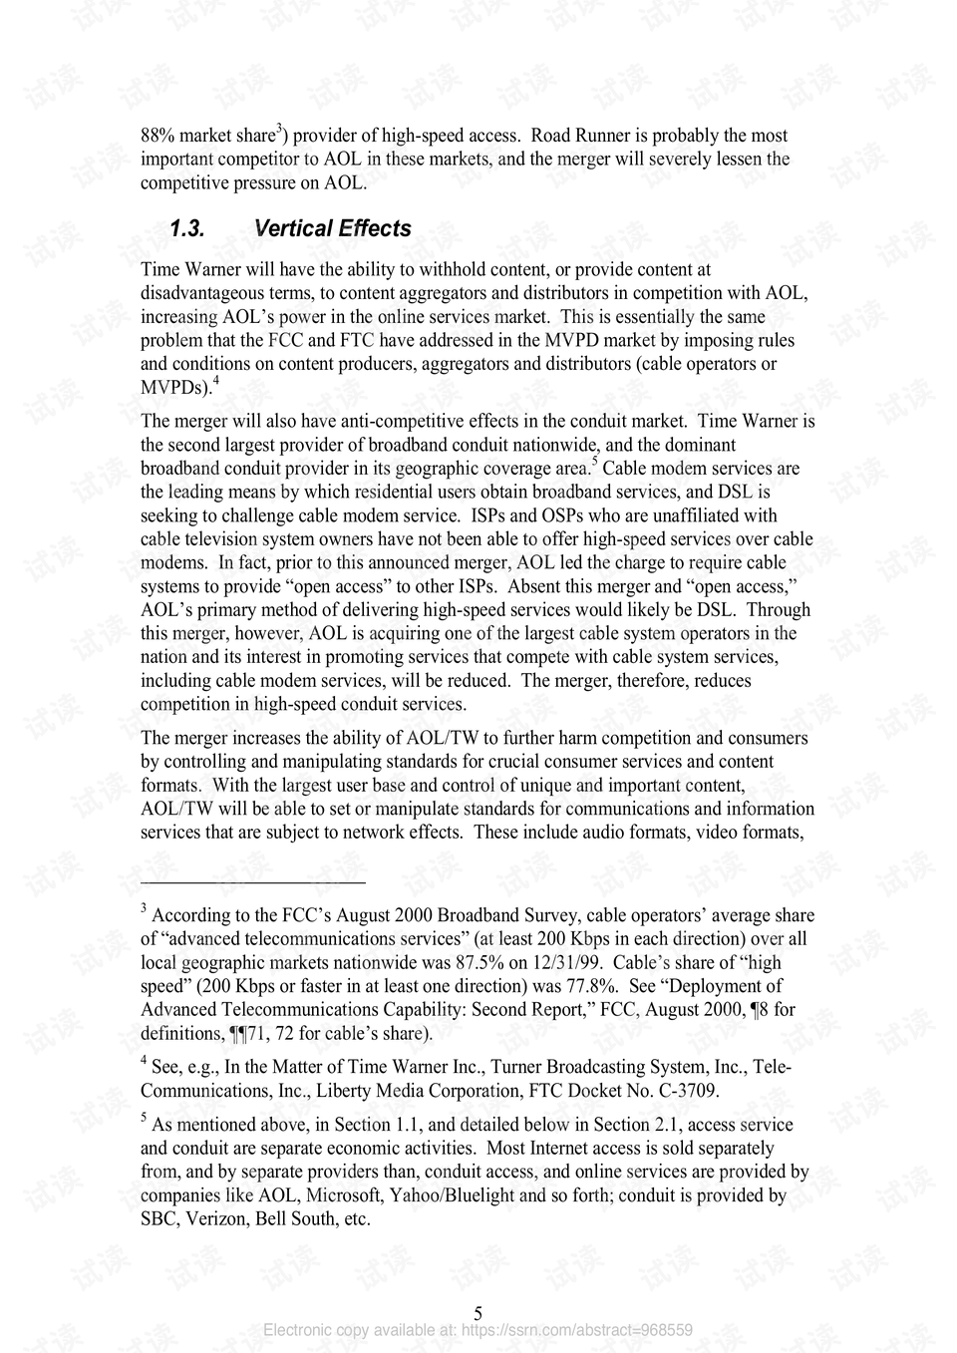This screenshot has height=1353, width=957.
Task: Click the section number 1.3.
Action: point(186,228)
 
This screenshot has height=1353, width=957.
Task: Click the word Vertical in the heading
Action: point(292,228)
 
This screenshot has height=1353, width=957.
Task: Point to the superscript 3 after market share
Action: point(280,130)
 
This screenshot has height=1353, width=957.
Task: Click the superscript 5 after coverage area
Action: point(594,462)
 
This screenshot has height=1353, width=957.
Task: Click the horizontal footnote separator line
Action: point(253,882)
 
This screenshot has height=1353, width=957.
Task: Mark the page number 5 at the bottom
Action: point(478,1313)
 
